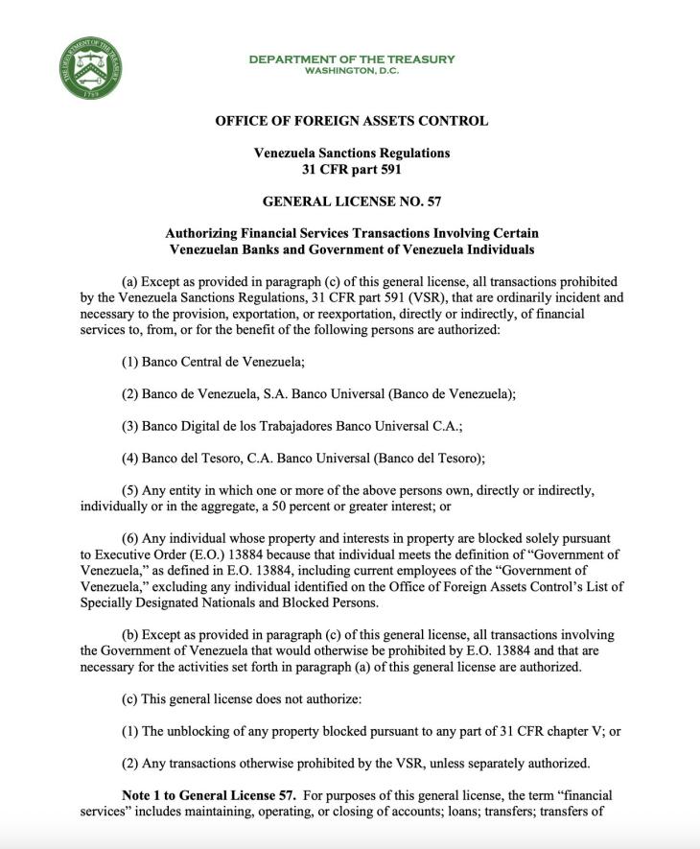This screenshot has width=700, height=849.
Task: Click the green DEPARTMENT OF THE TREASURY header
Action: pos(352,59)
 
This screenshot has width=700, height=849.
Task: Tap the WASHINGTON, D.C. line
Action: pos(352,71)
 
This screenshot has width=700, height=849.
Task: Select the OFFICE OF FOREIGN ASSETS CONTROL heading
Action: pos(351,121)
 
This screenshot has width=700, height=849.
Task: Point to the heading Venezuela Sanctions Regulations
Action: pos(351,153)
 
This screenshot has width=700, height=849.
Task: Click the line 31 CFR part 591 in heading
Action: pos(351,170)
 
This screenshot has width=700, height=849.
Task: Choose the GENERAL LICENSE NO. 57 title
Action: pos(351,201)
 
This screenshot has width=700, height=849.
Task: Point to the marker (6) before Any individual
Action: pos(130,538)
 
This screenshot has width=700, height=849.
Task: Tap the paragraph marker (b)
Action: pos(130,635)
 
